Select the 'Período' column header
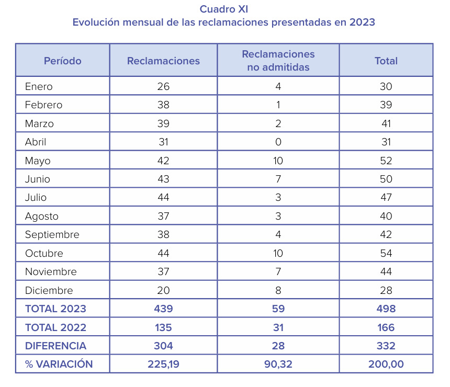[63, 61]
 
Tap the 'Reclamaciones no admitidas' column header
[278, 61]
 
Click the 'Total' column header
[386, 61]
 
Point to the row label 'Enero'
[39, 86]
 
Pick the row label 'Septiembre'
[52, 235]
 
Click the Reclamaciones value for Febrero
[163, 105]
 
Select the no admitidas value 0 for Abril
[278, 142]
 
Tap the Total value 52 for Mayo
[386, 161]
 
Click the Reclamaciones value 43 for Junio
[163, 179]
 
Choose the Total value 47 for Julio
[386, 197]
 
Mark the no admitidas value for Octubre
[278, 253]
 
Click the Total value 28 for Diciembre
[386, 290]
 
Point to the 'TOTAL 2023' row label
[55, 309]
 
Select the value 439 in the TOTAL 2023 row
[163, 309]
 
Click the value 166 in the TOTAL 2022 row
[386, 327]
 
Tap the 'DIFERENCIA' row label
[55, 346]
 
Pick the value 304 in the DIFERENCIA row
[163, 346]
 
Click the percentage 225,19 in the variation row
[163, 364]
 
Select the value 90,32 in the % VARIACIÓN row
[278, 364]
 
